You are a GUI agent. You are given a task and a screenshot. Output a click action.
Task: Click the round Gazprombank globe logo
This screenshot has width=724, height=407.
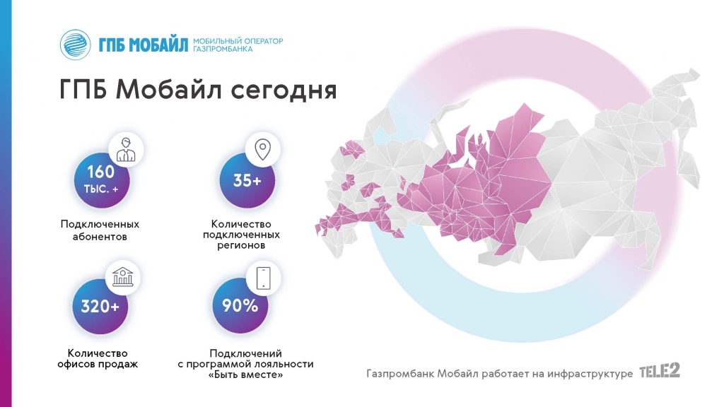pos(75,45)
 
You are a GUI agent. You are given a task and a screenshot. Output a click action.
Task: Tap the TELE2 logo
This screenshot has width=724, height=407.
pos(660,370)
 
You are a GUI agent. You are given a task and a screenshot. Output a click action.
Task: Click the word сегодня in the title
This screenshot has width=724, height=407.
pos(284,90)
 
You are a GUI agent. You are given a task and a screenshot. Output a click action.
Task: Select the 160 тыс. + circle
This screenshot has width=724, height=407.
pos(102,180)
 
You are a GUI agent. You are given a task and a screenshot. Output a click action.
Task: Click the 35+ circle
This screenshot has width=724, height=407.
pos(247,180)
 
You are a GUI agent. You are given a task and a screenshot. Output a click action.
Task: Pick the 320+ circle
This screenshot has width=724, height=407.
pos(100,306)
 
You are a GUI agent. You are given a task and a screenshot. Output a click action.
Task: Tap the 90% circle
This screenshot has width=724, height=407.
pos(240,306)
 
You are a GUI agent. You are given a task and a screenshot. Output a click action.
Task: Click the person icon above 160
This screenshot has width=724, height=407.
pos(126,150)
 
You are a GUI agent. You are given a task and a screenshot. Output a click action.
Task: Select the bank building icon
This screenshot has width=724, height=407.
pos(123,277)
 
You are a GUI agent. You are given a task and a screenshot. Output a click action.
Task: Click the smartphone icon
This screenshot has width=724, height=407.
pos(264,278)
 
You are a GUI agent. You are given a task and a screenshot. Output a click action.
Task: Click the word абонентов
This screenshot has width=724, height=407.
pos(100,237)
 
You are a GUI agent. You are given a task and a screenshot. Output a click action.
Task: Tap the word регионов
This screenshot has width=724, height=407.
pos(241,245)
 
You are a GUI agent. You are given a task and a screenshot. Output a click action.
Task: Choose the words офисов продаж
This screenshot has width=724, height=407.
pos(98,364)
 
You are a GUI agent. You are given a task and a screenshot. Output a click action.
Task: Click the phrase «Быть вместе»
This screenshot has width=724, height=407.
pos(245,374)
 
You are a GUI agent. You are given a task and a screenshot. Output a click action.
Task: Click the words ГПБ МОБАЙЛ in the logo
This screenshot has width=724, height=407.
pos(143,45)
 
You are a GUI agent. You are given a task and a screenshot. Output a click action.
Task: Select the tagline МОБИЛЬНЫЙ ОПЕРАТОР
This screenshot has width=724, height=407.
pos(238,41)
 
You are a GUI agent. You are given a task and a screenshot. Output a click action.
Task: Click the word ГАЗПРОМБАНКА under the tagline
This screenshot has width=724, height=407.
pos(223,49)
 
